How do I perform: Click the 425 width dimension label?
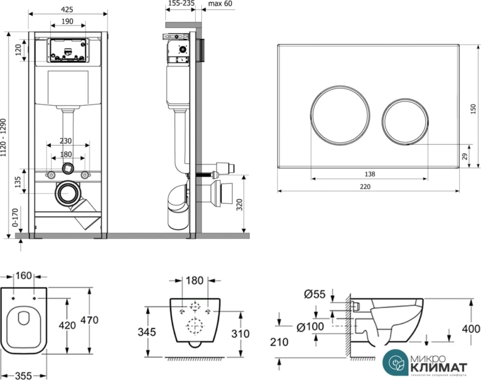coord(67,9)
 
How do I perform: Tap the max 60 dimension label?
coord(221,3)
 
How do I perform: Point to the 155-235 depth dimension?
coord(181,3)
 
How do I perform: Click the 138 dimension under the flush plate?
coord(369,174)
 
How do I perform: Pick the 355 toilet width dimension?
coord(24,375)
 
